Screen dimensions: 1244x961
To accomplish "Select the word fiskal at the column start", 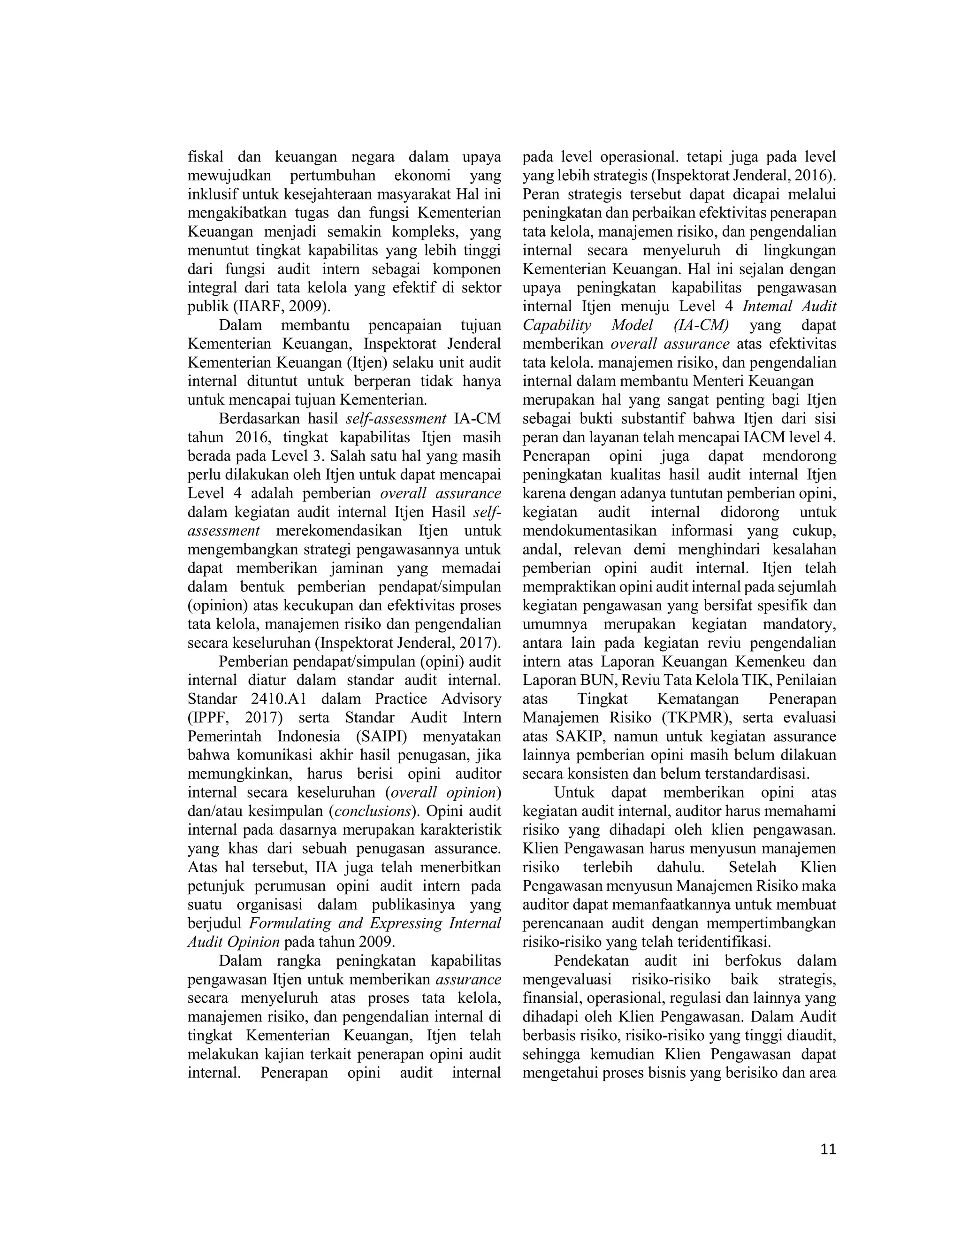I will tap(206, 157).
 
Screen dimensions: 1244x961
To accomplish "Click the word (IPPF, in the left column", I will tap(208, 718).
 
